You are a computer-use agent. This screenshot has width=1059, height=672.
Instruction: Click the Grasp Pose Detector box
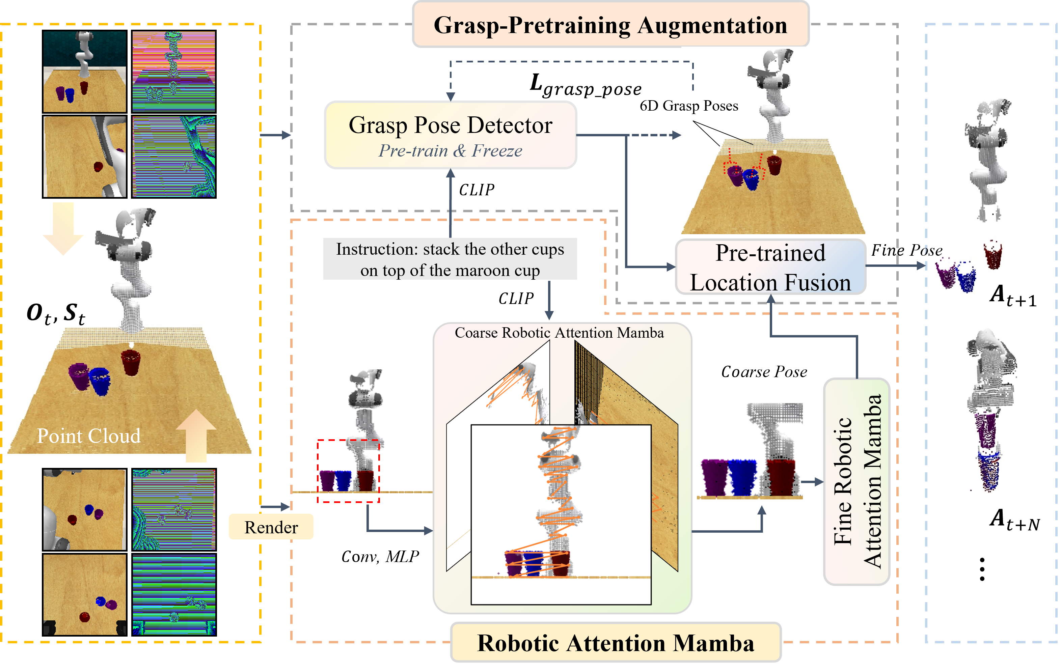coord(450,135)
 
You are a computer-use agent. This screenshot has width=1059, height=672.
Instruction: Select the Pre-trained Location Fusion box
coord(770,267)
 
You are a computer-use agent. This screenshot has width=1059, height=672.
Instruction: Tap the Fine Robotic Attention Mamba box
coord(857,481)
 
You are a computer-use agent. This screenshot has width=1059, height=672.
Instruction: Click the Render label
coord(271,527)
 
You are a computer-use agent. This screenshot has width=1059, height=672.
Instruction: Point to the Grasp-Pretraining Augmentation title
coord(610,25)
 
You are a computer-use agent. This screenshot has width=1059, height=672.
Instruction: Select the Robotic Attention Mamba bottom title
coord(616,643)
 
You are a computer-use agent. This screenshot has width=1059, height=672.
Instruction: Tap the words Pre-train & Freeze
coord(450,151)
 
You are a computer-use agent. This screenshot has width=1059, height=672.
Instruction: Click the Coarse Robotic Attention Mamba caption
coord(559,333)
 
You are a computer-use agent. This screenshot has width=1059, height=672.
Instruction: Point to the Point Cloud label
coord(88,436)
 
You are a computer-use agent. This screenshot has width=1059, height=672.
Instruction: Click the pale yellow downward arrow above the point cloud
coord(63,228)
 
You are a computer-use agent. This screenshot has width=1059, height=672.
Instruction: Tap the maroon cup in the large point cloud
coord(131,361)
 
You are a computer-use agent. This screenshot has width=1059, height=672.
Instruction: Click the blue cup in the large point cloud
coord(100,381)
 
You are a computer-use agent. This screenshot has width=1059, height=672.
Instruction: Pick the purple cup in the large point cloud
coord(79,376)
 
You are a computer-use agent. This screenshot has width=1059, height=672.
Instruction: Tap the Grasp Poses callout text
coord(709,106)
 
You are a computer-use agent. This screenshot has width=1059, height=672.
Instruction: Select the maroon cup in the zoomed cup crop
coord(781,477)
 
